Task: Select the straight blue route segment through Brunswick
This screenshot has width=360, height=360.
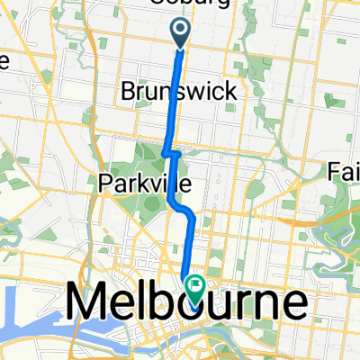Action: point(176,99)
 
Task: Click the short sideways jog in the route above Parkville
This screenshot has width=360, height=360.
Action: point(171,154)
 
